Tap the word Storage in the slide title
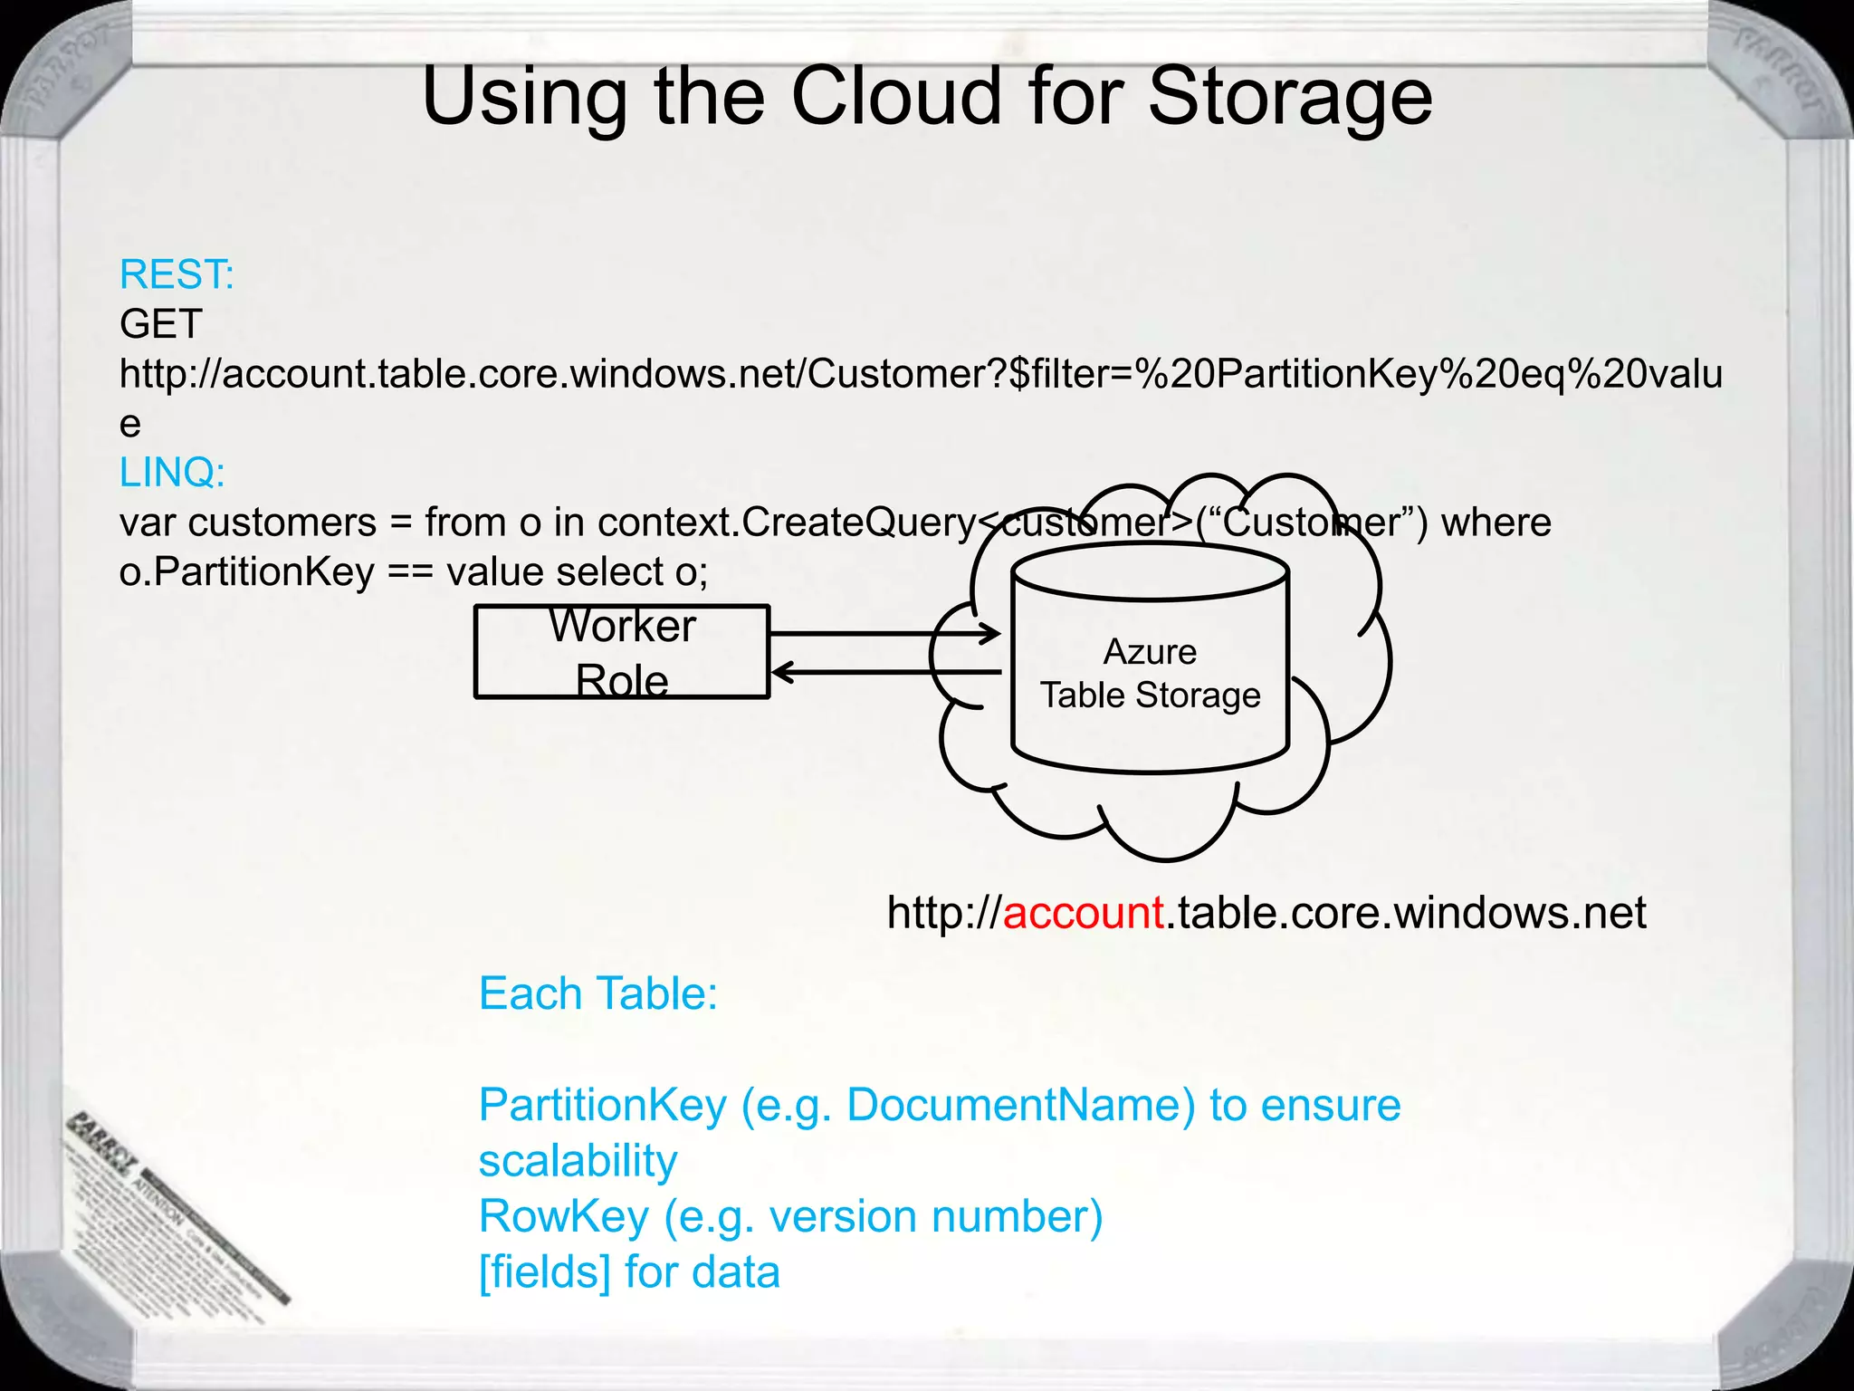tap(1290, 98)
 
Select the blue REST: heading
tap(177, 274)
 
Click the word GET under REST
tap(160, 324)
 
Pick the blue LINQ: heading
tap(172, 472)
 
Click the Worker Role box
tap(622, 652)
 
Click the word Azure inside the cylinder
tap(1150, 652)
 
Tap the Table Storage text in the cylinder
tap(1150, 695)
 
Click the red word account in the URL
tap(1083, 912)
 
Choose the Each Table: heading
tap(597, 993)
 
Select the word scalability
tap(578, 1161)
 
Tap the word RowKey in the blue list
tap(563, 1216)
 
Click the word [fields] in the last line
tap(544, 1271)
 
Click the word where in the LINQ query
tap(1496, 523)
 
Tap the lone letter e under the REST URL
tap(130, 424)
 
